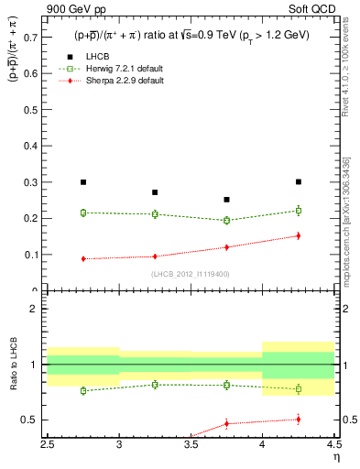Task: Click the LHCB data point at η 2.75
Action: [x=83, y=182]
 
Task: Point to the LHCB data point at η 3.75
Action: [x=226, y=199]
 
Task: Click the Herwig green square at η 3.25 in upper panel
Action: [x=155, y=214]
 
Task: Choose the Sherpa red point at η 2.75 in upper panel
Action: [x=83, y=258]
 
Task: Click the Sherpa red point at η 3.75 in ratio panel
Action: [x=226, y=423]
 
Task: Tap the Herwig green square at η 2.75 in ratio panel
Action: [x=83, y=390]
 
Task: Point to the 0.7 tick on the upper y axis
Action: [x=37, y=37]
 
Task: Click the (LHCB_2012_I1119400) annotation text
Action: [x=190, y=273]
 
